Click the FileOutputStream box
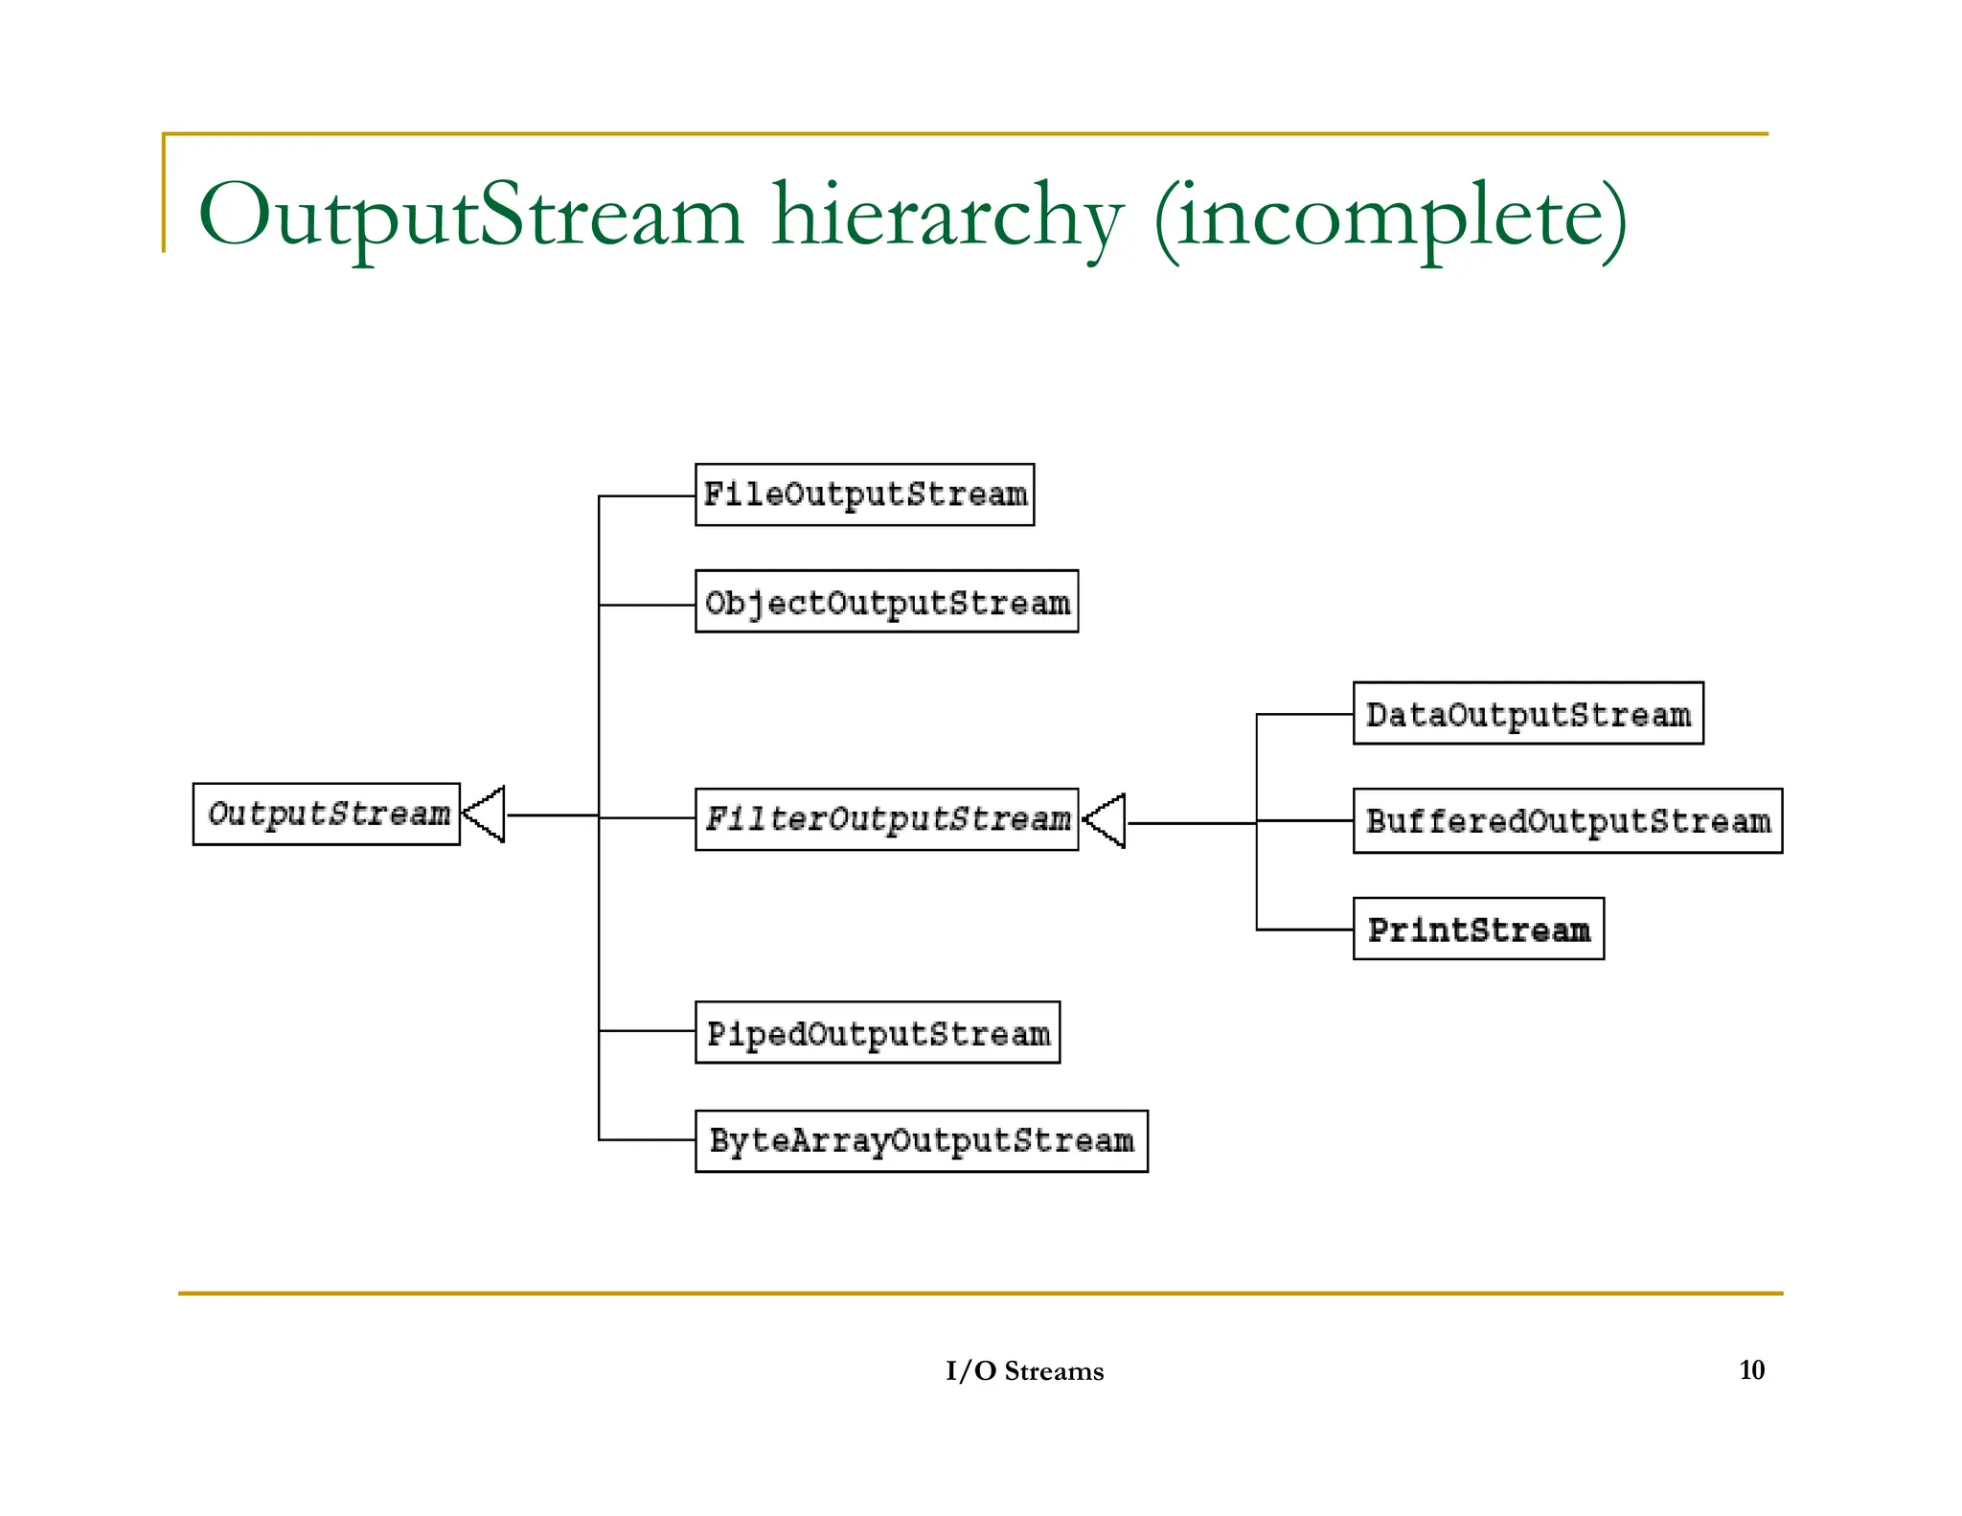(864, 494)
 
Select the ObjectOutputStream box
(886, 602)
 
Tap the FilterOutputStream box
(886, 819)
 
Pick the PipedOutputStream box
(877, 1033)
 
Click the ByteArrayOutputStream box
(921, 1141)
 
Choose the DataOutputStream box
(1527, 714)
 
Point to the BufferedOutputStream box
(1566, 821)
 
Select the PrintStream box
(1477, 929)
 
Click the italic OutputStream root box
(326, 814)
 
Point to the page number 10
(1751, 1369)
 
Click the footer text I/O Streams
(1024, 1370)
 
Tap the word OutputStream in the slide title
(469, 217)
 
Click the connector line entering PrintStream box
(1305, 930)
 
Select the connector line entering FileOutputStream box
(647, 496)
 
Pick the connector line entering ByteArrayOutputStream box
(647, 1139)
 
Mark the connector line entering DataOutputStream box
(1305, 714)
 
